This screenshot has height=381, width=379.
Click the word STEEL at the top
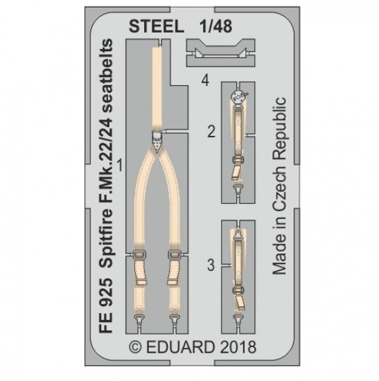coord(157,26)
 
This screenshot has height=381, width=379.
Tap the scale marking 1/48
coord(215,26)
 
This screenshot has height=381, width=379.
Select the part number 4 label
coord(205,80)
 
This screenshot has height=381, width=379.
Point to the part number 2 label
coord(211,132)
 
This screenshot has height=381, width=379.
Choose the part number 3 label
coord(211,265)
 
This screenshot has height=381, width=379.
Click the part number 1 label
coord(120,165)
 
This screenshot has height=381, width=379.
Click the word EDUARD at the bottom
coord(180,347)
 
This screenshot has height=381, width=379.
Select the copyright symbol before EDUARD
coord(135,347)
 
